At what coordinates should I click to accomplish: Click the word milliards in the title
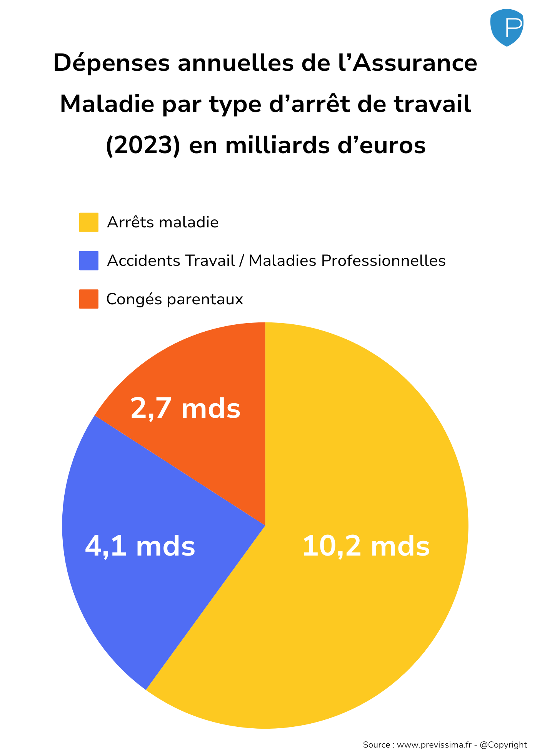[x=277, y=145]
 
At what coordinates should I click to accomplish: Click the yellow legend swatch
[x=88, y=222]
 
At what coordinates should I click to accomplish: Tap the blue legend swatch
[x=88, y=260]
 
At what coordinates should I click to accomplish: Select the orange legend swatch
[x=88, y=299]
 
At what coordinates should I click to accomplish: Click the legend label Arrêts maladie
[x=163, y=222]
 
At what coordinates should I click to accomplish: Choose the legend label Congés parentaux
[x=175, y=299]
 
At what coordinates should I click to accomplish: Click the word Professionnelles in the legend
[x=383, y=261]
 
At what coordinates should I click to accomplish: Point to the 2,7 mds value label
[x=185, y=409]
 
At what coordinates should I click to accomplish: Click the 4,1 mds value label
[x=140, y=546]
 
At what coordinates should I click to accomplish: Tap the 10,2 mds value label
[x=366, y=546]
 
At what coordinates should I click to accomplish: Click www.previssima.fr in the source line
[x=434, y=744]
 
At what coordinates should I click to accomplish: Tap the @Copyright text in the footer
[x=504, y=744]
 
